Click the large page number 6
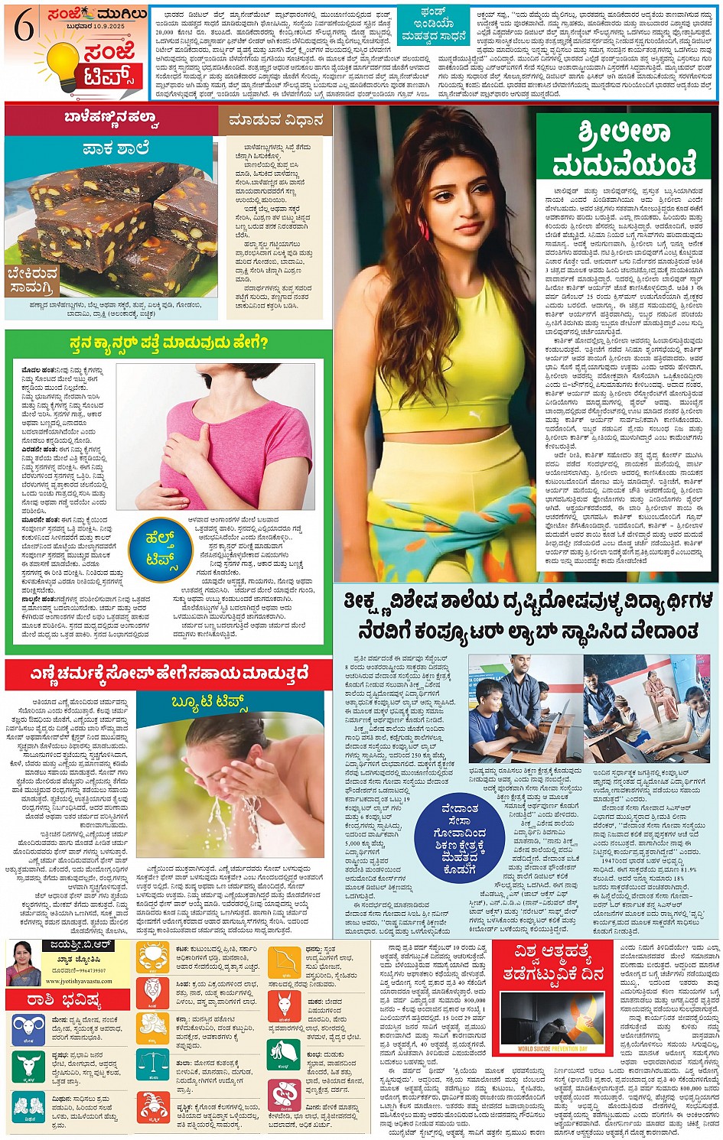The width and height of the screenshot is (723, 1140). (x=24, y=28)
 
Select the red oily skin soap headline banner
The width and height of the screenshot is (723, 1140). (x=168, y=674)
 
